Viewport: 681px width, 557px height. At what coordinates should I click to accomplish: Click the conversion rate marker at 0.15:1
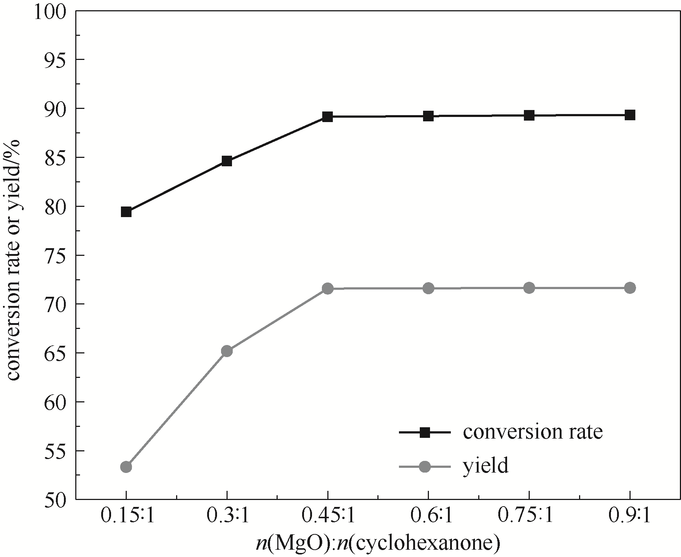click(126, 212)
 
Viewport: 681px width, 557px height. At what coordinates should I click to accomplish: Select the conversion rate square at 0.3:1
click(227, 161)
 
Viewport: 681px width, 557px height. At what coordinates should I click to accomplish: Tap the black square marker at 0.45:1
click(328, 117)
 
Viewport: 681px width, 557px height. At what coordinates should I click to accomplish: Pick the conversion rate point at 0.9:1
click(630, 115)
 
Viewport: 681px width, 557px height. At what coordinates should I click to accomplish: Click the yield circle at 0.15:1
click(126, 467)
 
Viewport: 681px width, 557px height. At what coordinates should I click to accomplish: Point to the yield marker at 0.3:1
click(227, 351)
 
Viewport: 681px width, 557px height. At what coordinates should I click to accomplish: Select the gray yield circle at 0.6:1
click(429, 288)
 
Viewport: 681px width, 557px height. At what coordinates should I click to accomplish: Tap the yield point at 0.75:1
click(529, 288)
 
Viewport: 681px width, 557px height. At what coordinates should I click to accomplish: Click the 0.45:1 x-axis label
click(328, 516)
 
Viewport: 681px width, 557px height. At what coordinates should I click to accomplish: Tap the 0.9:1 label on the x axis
click(630, 516)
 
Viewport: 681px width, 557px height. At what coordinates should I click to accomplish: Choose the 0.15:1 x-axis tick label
click(126, 516)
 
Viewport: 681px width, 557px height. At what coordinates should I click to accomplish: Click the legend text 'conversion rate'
click(533, 432)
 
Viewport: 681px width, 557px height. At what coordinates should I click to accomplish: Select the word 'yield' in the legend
click(486, 466)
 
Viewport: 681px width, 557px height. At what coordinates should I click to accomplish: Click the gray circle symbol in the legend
click(425, 467)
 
